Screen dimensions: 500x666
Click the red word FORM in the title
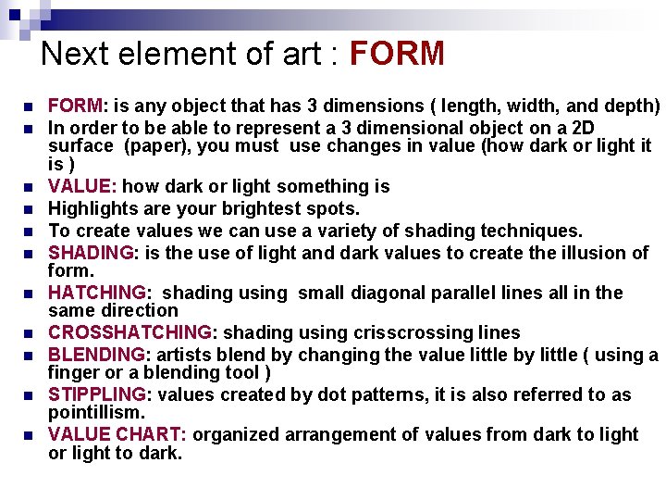click(397, 54)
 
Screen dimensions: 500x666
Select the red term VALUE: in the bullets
click(83, 186)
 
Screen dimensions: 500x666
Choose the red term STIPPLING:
click(97, 394)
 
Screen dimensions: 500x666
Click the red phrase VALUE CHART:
click(117, 434)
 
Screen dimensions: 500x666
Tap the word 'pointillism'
click(94, 412)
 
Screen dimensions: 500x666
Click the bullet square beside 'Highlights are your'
click(29, 209)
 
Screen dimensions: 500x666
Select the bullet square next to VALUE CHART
click(29, 435)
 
